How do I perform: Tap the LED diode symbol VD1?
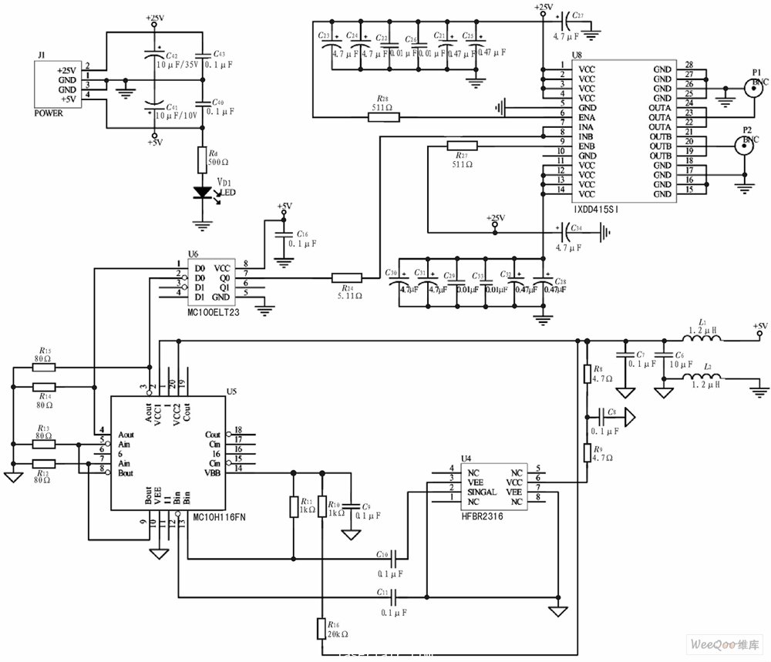pos(202,193)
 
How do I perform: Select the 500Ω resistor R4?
pos(202,160)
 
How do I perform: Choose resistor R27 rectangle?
pos(462,146)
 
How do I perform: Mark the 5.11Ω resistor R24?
pos(346,278)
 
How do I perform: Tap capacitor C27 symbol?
pos(567,17)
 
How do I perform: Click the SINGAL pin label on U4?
pos(482,491)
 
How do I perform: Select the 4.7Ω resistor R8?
pos(587,375)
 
